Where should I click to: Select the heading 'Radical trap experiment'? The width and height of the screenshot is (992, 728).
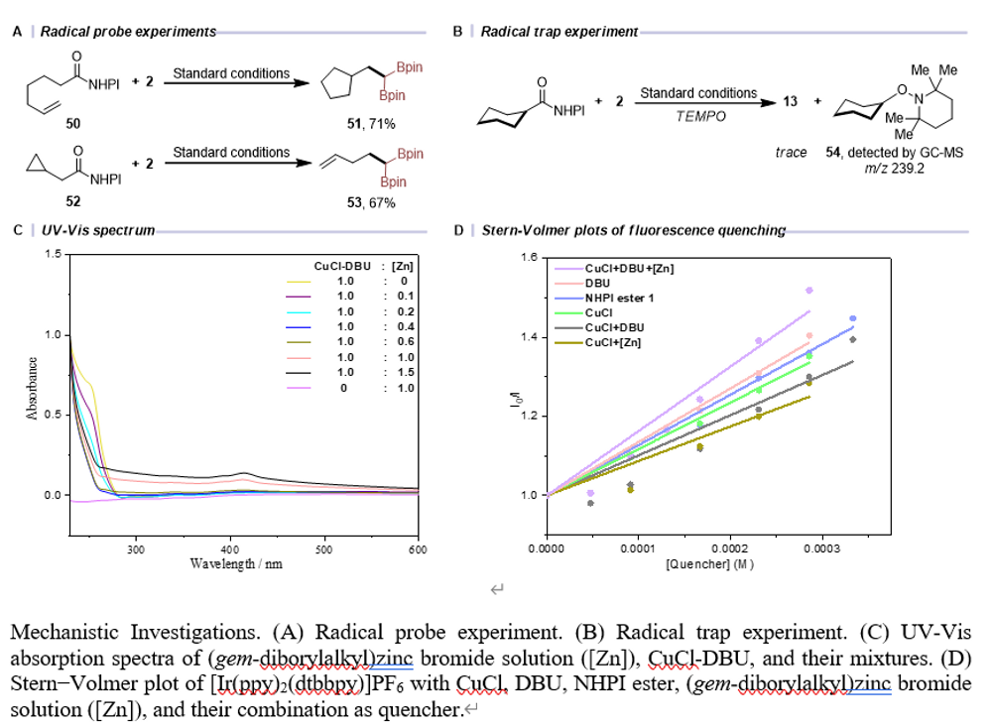click(559, 32)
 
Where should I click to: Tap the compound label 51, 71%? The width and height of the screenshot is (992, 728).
click(367, 123)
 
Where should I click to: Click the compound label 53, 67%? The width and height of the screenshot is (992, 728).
click(367, 202)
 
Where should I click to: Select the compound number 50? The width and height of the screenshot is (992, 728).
click(74, 123)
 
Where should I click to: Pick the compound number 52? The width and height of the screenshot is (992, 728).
click(74, 202)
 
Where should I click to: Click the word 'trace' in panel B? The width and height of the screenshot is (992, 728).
click(790, 153)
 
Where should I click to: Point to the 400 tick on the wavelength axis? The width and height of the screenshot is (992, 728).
click(229, 547)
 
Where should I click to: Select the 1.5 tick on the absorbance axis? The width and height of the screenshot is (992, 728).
click(52, 255)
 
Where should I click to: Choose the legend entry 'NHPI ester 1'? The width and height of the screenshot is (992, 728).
click(620, 298)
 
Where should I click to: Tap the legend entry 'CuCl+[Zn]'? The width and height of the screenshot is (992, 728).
click(613, 342)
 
